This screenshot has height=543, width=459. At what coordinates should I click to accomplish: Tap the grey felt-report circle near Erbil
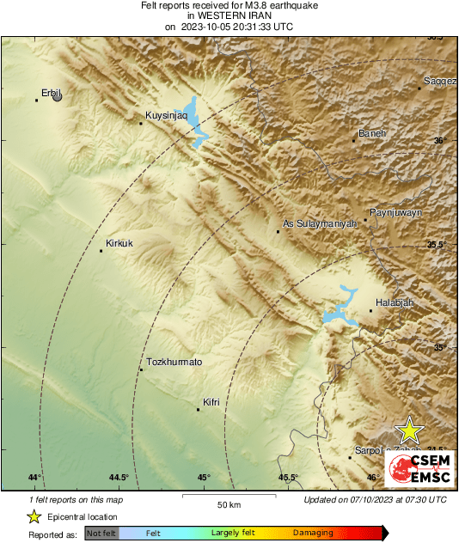tap(58, 97)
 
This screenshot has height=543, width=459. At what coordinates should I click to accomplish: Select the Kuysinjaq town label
tap(165, 114)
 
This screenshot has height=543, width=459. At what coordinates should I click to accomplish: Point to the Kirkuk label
tap(119, 244)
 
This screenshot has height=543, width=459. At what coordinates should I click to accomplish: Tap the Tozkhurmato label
tap(174, 363)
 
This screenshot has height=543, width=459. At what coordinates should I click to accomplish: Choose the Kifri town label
tap(211, 401)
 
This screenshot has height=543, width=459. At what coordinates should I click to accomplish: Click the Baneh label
tap(372, 133)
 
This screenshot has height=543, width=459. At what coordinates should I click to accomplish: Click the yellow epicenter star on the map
tap(410, 430)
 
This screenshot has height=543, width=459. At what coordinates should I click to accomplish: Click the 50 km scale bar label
tap(229, 503)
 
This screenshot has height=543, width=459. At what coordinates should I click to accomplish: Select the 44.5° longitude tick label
tap(119, 478)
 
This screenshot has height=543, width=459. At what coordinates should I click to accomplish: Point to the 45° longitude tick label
tap(204, 478)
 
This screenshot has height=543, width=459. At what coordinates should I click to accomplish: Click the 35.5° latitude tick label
tap(437, 245)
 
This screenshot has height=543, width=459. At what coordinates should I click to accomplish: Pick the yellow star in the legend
tap(34, 516)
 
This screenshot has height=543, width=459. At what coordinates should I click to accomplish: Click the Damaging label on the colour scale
tap(313, 533)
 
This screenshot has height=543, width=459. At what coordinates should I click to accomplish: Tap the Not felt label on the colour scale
tap(102, 533)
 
